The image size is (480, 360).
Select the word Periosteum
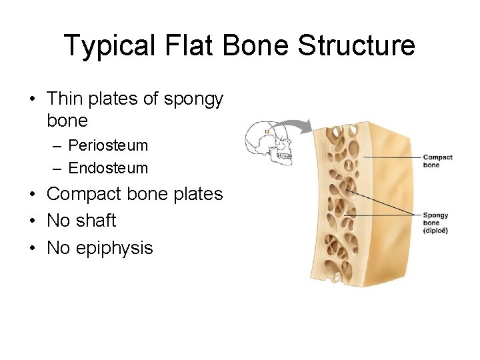coord(108,145)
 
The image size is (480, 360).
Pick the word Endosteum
coord(108,168)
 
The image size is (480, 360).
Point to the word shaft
coord(95,221)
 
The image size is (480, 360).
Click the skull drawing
coord(269,143)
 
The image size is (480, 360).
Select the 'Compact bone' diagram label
coord(437,161)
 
